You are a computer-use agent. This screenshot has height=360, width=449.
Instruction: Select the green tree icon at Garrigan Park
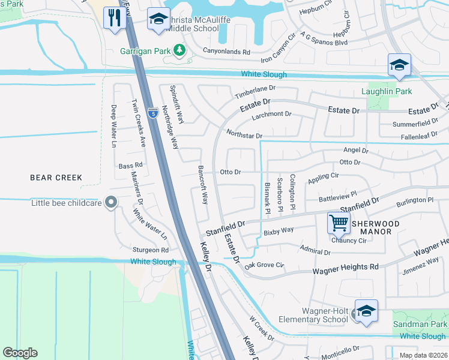178,50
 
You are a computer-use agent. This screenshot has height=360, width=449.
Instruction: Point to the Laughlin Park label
387,91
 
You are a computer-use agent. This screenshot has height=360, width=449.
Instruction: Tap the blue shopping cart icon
339,223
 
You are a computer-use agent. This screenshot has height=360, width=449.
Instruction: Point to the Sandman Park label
420,324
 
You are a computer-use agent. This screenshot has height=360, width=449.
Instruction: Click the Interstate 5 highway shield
154,111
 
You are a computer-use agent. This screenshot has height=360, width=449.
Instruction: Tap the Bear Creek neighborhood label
56,178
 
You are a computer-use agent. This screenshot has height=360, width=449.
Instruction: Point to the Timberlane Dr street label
254,95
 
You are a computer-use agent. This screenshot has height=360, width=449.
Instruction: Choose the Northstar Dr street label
244,136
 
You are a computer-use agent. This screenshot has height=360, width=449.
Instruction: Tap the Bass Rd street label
130,165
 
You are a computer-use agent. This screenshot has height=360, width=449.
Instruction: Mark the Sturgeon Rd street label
151,250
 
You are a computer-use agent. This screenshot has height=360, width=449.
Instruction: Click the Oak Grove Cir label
264,265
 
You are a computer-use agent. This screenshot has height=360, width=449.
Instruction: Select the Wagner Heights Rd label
346,271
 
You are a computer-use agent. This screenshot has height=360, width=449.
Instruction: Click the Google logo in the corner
20,353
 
